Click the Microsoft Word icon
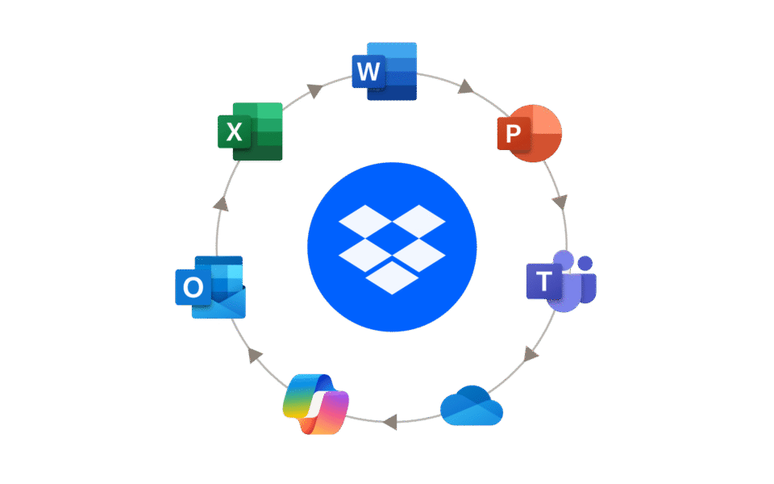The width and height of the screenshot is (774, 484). point(385,71)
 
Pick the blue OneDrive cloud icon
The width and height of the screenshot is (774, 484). point(472,406)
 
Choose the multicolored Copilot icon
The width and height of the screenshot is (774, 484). point(316,404)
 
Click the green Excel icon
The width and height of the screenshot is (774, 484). point(250,131)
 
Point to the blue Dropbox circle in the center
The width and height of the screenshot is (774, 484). point(392,246)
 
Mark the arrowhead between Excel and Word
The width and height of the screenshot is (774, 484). point(315,90)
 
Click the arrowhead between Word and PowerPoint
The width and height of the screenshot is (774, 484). point(466,86)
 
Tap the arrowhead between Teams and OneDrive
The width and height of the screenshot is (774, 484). point(531,353)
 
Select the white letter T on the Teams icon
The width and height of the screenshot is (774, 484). point(544,282)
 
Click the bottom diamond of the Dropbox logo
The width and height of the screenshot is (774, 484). point(392,277)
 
